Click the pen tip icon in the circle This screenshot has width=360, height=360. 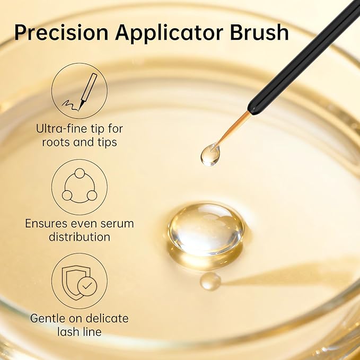pos(80,91)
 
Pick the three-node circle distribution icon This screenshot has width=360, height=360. pos(80,186)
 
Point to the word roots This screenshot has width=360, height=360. pos(56,142)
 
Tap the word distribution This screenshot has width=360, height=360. pos(80,237)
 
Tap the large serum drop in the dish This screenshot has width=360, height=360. pos(206,229)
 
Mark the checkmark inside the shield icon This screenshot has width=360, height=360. pos(86,286)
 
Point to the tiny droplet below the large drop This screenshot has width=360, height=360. pos(210,280)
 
